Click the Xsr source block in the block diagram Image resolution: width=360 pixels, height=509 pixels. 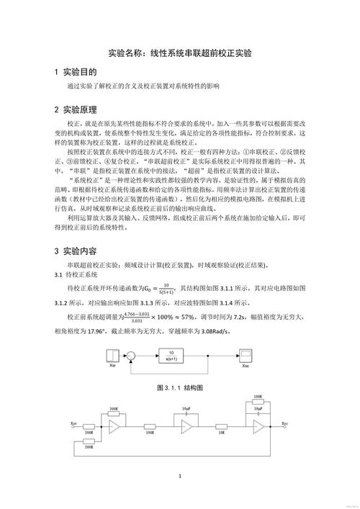[112, 355]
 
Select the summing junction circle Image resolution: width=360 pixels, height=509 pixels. [132, 354]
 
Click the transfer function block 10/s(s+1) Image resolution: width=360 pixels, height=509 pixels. [171, 354]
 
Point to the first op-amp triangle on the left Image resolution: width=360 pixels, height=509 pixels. [114, 427]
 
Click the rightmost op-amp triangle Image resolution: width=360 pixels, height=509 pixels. [258, 427]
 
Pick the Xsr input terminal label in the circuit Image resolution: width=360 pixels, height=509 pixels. [75, 423]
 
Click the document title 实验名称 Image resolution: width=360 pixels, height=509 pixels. [180, 53]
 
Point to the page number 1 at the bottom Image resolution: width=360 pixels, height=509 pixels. [180, 477]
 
